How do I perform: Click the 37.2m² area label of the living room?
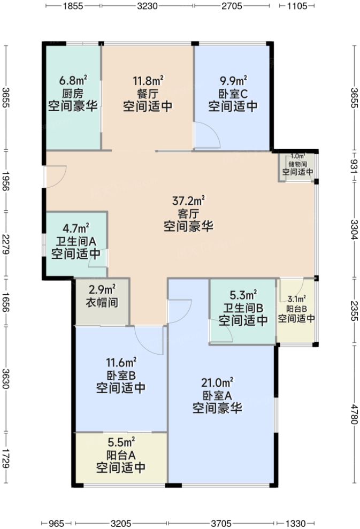(x=189, y=202)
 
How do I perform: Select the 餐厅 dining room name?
(x=148, y=94)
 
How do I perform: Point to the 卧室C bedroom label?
(x=233, y=94)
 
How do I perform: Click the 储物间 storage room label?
(x=297, y=165)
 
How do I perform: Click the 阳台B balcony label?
(x=296, y=309)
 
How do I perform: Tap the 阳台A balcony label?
(x=121, y=455)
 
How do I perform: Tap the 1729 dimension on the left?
(x=6, y=457)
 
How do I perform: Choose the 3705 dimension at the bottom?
(x=221, y=523)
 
